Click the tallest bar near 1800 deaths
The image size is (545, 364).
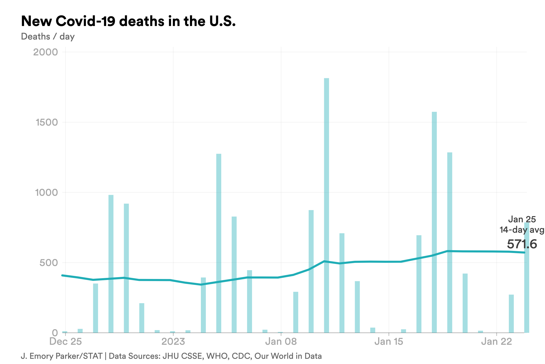coord(326,205)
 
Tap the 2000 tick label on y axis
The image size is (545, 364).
coord(45,52)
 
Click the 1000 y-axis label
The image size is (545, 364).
coord(46,192)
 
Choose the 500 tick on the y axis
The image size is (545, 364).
coord(49,263)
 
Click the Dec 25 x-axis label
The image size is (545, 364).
coord(65,341)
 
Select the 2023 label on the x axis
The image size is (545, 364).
coord(173,341)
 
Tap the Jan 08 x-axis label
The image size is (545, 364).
coord(281,341)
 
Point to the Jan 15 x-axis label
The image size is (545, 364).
coord(389,341)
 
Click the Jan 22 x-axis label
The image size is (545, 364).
coord(496,341)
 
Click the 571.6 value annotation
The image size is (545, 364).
coord(522,244)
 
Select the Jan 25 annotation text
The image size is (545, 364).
coord(522,219)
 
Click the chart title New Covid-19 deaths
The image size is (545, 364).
coord(128,21)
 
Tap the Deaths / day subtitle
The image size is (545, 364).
coord(48,36)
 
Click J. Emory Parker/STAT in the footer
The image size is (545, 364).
coord(62,356)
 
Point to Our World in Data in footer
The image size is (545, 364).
coord(288,356)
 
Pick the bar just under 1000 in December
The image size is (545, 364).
coord(111,264)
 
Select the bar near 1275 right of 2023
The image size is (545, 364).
coord(219,243)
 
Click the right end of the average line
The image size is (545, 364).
coord(524,252)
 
